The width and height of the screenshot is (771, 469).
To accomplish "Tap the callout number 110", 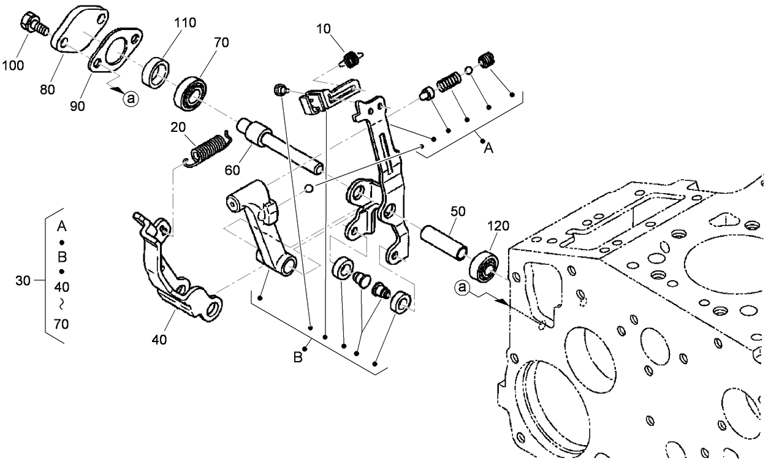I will click(184, 24).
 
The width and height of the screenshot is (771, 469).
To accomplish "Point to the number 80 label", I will click(48, 89).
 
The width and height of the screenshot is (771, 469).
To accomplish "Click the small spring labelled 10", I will click(351, 59).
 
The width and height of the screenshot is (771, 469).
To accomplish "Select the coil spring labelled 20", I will click(207, 148).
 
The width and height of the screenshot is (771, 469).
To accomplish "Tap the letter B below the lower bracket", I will click(298, 357).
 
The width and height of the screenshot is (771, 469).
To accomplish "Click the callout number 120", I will click(498, 226).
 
